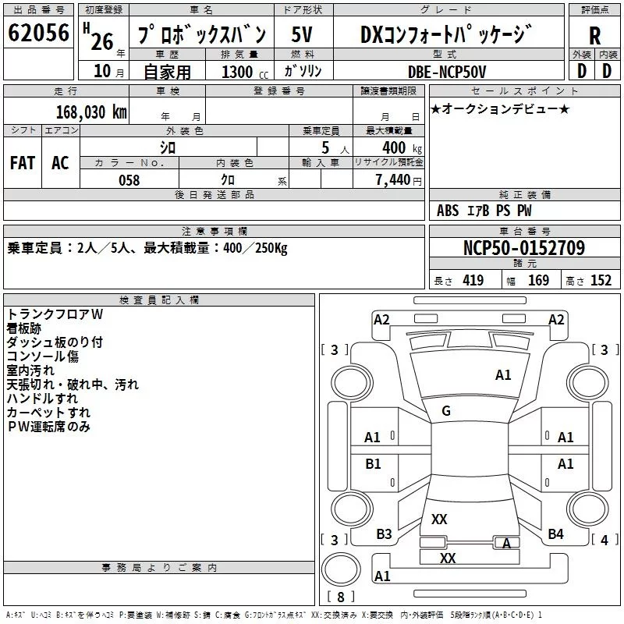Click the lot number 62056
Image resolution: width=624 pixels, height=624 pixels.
(38, 34)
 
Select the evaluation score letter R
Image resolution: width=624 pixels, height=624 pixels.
(594, 35)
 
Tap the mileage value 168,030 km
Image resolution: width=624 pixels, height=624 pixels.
(90, 112)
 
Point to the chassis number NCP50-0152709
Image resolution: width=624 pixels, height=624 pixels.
(524, 248)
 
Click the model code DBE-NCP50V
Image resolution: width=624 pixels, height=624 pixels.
(447, 72)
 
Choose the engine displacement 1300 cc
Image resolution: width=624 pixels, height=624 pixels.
(243, 73)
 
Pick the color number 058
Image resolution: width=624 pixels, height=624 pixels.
(129, 180)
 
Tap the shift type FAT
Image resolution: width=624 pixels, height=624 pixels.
(22, 162)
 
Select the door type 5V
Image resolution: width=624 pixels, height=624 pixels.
(303, 34)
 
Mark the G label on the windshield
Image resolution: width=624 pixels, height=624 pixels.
(446, 411)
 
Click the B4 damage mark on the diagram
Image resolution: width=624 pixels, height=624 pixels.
(555, 534)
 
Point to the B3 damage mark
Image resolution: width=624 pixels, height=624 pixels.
(384, 534)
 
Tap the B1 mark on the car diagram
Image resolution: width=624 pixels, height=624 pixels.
(373, 464)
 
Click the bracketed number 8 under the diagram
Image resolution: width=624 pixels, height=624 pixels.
(341, 597)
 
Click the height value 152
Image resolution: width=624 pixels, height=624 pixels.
(601, 281)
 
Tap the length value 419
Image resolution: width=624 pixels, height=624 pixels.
(473, 281)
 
